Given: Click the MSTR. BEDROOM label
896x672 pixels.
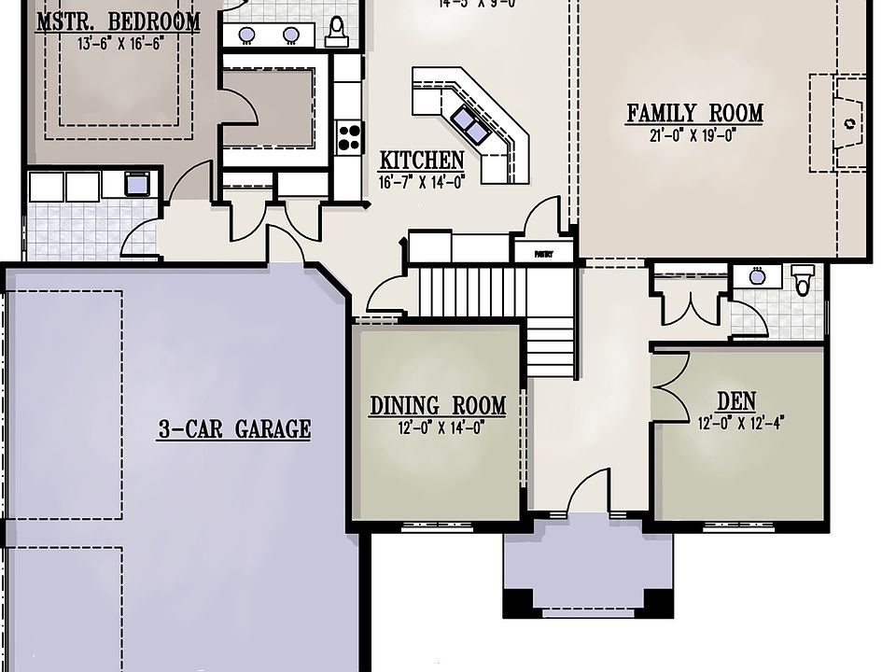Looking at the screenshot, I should pos(118,21).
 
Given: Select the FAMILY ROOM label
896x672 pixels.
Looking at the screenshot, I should pos(694,114).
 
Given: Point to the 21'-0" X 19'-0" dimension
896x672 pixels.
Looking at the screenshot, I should pos(694,134).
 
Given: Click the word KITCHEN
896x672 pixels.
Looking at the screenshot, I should pos(422,161).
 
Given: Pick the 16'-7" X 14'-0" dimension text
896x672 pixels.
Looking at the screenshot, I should pos(422,182).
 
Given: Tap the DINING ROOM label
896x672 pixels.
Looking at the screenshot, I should pos(438,406).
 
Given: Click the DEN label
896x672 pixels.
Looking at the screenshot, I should pos(736,401).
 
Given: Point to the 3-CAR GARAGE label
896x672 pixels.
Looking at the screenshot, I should pos(233,430).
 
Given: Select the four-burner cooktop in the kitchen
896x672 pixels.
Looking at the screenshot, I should pos(349,137).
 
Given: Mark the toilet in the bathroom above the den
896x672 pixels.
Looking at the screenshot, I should pos(803,279).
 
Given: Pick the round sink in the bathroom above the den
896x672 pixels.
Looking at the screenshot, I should pos(758,276).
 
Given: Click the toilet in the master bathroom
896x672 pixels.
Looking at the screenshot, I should pos(337,31).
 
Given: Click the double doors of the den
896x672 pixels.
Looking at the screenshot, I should pos(665,385).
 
